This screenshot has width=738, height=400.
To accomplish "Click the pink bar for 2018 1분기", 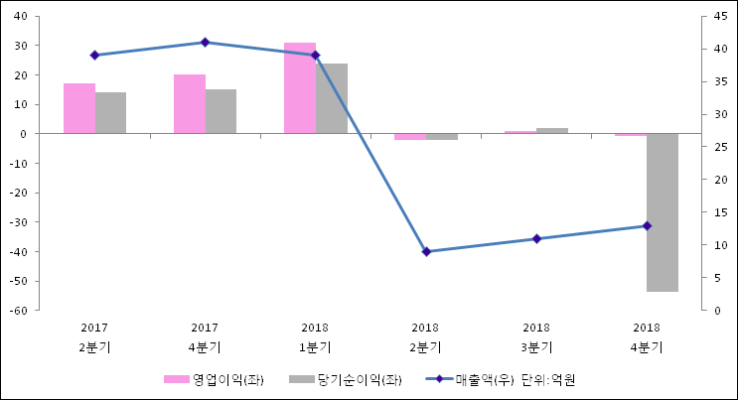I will [x=300, y=87].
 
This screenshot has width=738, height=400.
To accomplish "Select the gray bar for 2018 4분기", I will [x=663, y=211].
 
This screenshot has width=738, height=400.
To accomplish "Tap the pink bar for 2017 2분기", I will [x=79, y=108].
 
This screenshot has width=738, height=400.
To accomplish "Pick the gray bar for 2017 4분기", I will [x=221, y=111].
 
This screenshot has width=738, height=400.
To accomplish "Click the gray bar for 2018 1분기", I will [x=332, y=98].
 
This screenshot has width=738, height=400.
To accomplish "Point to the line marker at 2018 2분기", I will [x=426, y=252].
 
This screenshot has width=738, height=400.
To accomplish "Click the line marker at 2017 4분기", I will [x=205, y=43].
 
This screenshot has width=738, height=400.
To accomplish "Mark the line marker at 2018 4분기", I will [x=647, y=225].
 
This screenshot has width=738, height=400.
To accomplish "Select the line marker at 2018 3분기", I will [x=536, y=239].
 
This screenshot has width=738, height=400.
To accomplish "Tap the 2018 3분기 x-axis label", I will [x=536, y=337].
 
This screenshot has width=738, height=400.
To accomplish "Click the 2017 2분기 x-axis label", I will [x=94, y=337].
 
